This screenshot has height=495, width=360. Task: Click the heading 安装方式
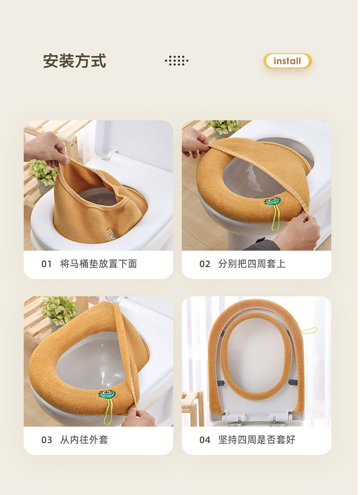click(x=75, y=61)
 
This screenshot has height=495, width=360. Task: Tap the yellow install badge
click(x=287, y=61)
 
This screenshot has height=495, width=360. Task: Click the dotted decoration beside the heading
click(x=176, y=61)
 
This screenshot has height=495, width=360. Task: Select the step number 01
click(x=46, y=264)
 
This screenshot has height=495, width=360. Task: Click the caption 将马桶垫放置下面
click(x=98, y=264)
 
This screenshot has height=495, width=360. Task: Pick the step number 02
click(x=205, y=264)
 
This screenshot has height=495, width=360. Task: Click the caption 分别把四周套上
click(x=252, y=264)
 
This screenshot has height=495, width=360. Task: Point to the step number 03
click(x=46, y=440)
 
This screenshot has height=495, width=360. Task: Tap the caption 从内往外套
click(x=84, y=440)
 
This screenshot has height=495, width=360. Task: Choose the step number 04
click(x=205, y=440)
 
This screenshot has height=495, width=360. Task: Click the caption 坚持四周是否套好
click(x=257, y=440)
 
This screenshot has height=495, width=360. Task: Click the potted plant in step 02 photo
click(x=223, y=128)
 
